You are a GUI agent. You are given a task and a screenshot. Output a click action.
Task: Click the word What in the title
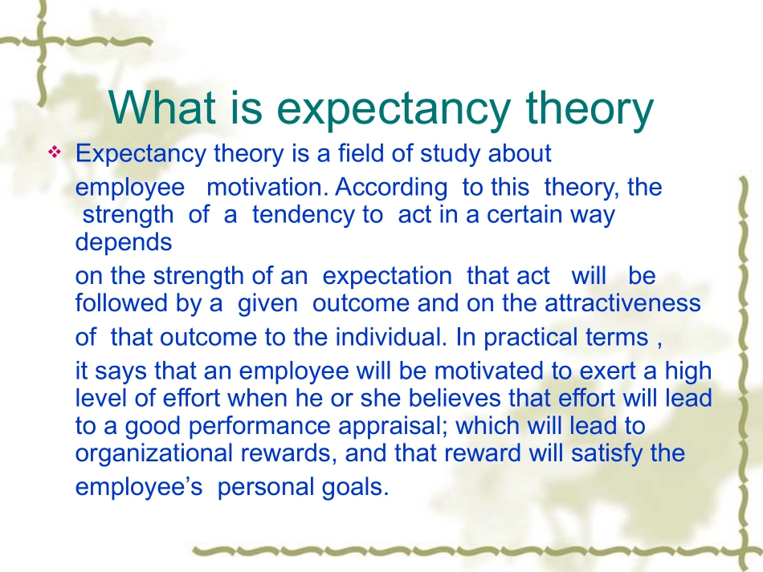click(162, 108)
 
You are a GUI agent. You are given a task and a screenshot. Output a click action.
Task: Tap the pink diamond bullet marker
click(55, 152)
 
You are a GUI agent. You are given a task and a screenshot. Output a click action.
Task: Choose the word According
click(391, 188)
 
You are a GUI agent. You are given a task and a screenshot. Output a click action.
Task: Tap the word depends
click(124, 242)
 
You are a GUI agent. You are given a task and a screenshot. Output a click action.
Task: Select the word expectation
click(387, 277)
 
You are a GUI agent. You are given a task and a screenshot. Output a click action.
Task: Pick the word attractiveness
click(622, 303)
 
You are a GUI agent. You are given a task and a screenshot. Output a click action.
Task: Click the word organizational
click(154, 453)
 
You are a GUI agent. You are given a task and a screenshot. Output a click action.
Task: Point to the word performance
click(260, 426)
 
